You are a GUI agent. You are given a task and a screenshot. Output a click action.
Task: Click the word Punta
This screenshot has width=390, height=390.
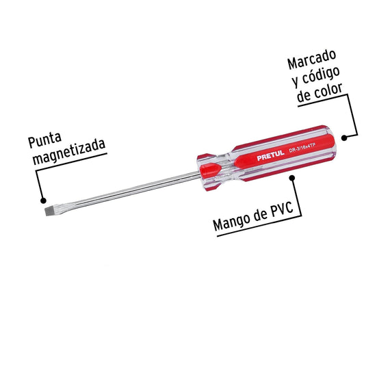coord(44,140)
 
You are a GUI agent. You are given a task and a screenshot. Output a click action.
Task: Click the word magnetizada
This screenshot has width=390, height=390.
coord(69,152)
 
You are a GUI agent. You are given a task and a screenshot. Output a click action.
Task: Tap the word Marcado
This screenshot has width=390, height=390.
coord(311,60)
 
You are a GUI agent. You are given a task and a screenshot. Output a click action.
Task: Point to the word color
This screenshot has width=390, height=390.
coord(328,92)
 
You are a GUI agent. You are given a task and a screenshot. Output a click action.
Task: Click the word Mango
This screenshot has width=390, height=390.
coord(232,222)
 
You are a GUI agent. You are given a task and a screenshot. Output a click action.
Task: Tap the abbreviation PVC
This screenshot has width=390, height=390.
coord(282,211)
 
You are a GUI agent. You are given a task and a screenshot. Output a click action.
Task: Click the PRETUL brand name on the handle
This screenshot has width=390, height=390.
coord(270,155)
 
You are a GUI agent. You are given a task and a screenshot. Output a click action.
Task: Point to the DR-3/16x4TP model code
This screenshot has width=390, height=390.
coord(302,148)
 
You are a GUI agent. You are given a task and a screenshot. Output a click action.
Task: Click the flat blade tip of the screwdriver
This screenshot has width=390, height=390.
coord(51,211)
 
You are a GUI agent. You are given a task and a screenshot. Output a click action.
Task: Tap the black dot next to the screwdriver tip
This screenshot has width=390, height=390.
coord(43,200)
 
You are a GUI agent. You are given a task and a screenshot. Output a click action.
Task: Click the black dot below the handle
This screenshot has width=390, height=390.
coord(292,178)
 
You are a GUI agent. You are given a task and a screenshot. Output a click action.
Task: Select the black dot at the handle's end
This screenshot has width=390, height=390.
coord(344,138)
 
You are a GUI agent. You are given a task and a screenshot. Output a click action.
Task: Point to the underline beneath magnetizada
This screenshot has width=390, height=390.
coord(71,162)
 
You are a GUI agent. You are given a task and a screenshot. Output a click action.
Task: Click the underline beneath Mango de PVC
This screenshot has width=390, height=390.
coord(259,226)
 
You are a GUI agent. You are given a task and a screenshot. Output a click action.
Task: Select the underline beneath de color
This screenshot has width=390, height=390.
coord(322,100)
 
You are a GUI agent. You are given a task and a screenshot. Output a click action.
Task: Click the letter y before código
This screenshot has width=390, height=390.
coord(296,81)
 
